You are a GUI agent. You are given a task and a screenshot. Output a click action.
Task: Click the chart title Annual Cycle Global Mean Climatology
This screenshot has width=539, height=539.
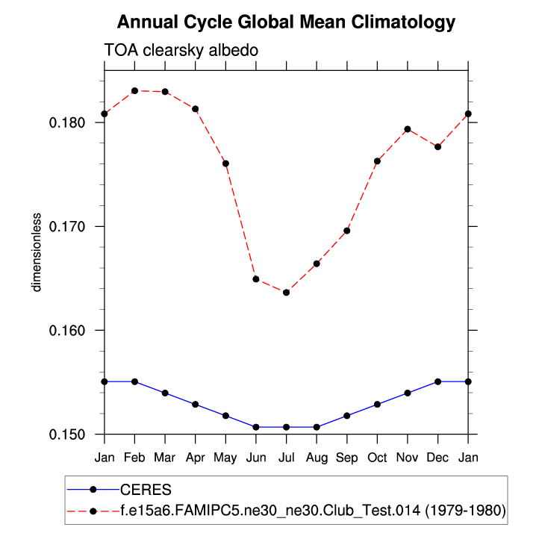286,22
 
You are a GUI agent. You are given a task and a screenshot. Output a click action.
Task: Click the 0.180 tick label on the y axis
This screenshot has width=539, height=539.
71,122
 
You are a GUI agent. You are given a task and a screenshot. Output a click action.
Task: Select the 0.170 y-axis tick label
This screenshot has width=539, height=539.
71,226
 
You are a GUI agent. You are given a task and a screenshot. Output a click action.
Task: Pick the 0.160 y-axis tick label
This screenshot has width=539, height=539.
71,330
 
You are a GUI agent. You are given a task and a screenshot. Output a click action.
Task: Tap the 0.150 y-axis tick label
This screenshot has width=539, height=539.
71,434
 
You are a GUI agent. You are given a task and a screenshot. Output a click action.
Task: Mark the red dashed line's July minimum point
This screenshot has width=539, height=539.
286,292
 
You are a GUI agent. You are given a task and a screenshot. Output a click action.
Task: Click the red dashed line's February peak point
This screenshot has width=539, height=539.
134,90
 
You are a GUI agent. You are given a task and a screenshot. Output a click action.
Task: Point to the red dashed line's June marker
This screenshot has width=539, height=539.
256,278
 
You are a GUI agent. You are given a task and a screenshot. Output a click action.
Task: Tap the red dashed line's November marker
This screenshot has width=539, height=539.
408,129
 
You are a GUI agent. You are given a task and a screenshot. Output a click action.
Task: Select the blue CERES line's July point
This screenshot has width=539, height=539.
286,427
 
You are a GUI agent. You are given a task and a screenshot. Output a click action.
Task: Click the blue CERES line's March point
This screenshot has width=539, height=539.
165,393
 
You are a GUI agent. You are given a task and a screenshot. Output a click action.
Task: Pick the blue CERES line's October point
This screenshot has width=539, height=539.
377,404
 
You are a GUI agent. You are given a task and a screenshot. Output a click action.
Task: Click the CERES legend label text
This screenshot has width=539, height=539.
146,490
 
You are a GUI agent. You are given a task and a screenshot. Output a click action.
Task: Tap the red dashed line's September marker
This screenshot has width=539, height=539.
347,231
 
